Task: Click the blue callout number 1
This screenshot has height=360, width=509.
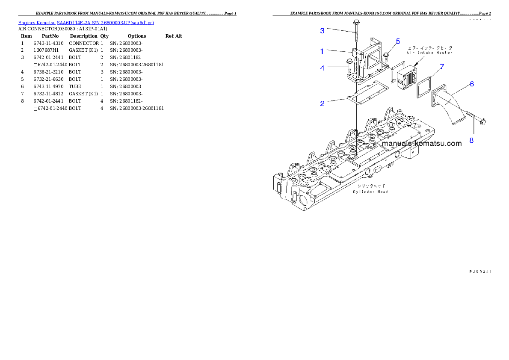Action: (x=322, y=51)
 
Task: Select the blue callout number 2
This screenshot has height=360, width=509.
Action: (x=322, y=103)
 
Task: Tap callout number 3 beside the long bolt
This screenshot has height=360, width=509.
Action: (x=322, y=30)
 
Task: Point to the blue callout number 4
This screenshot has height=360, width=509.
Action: (x=322, y=68)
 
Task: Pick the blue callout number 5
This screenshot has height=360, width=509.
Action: (x=398, y=41)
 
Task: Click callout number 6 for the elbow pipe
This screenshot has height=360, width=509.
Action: (x=471, y=84)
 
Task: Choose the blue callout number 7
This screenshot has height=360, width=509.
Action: (x=442, y=66)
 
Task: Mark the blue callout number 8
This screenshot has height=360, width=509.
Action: (x=471, y=140)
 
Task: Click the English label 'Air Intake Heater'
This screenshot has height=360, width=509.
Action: (x=429, y=53)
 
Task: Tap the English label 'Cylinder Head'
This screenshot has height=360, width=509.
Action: (x=370, y=192)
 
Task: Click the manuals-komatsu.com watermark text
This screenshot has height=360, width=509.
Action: (x=422, y=144)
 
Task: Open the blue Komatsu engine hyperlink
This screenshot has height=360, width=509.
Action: (x=86, y=23)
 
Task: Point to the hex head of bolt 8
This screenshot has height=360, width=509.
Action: (x=482, y=122)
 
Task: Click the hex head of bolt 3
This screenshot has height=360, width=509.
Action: (x=356, y=22)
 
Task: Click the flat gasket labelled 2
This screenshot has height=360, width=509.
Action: (x=367, y=94)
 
